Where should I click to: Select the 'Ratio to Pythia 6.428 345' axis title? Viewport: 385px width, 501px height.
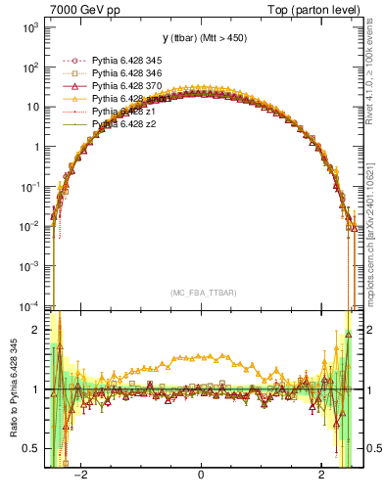11,390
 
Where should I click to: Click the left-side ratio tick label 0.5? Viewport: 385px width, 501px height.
31,448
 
